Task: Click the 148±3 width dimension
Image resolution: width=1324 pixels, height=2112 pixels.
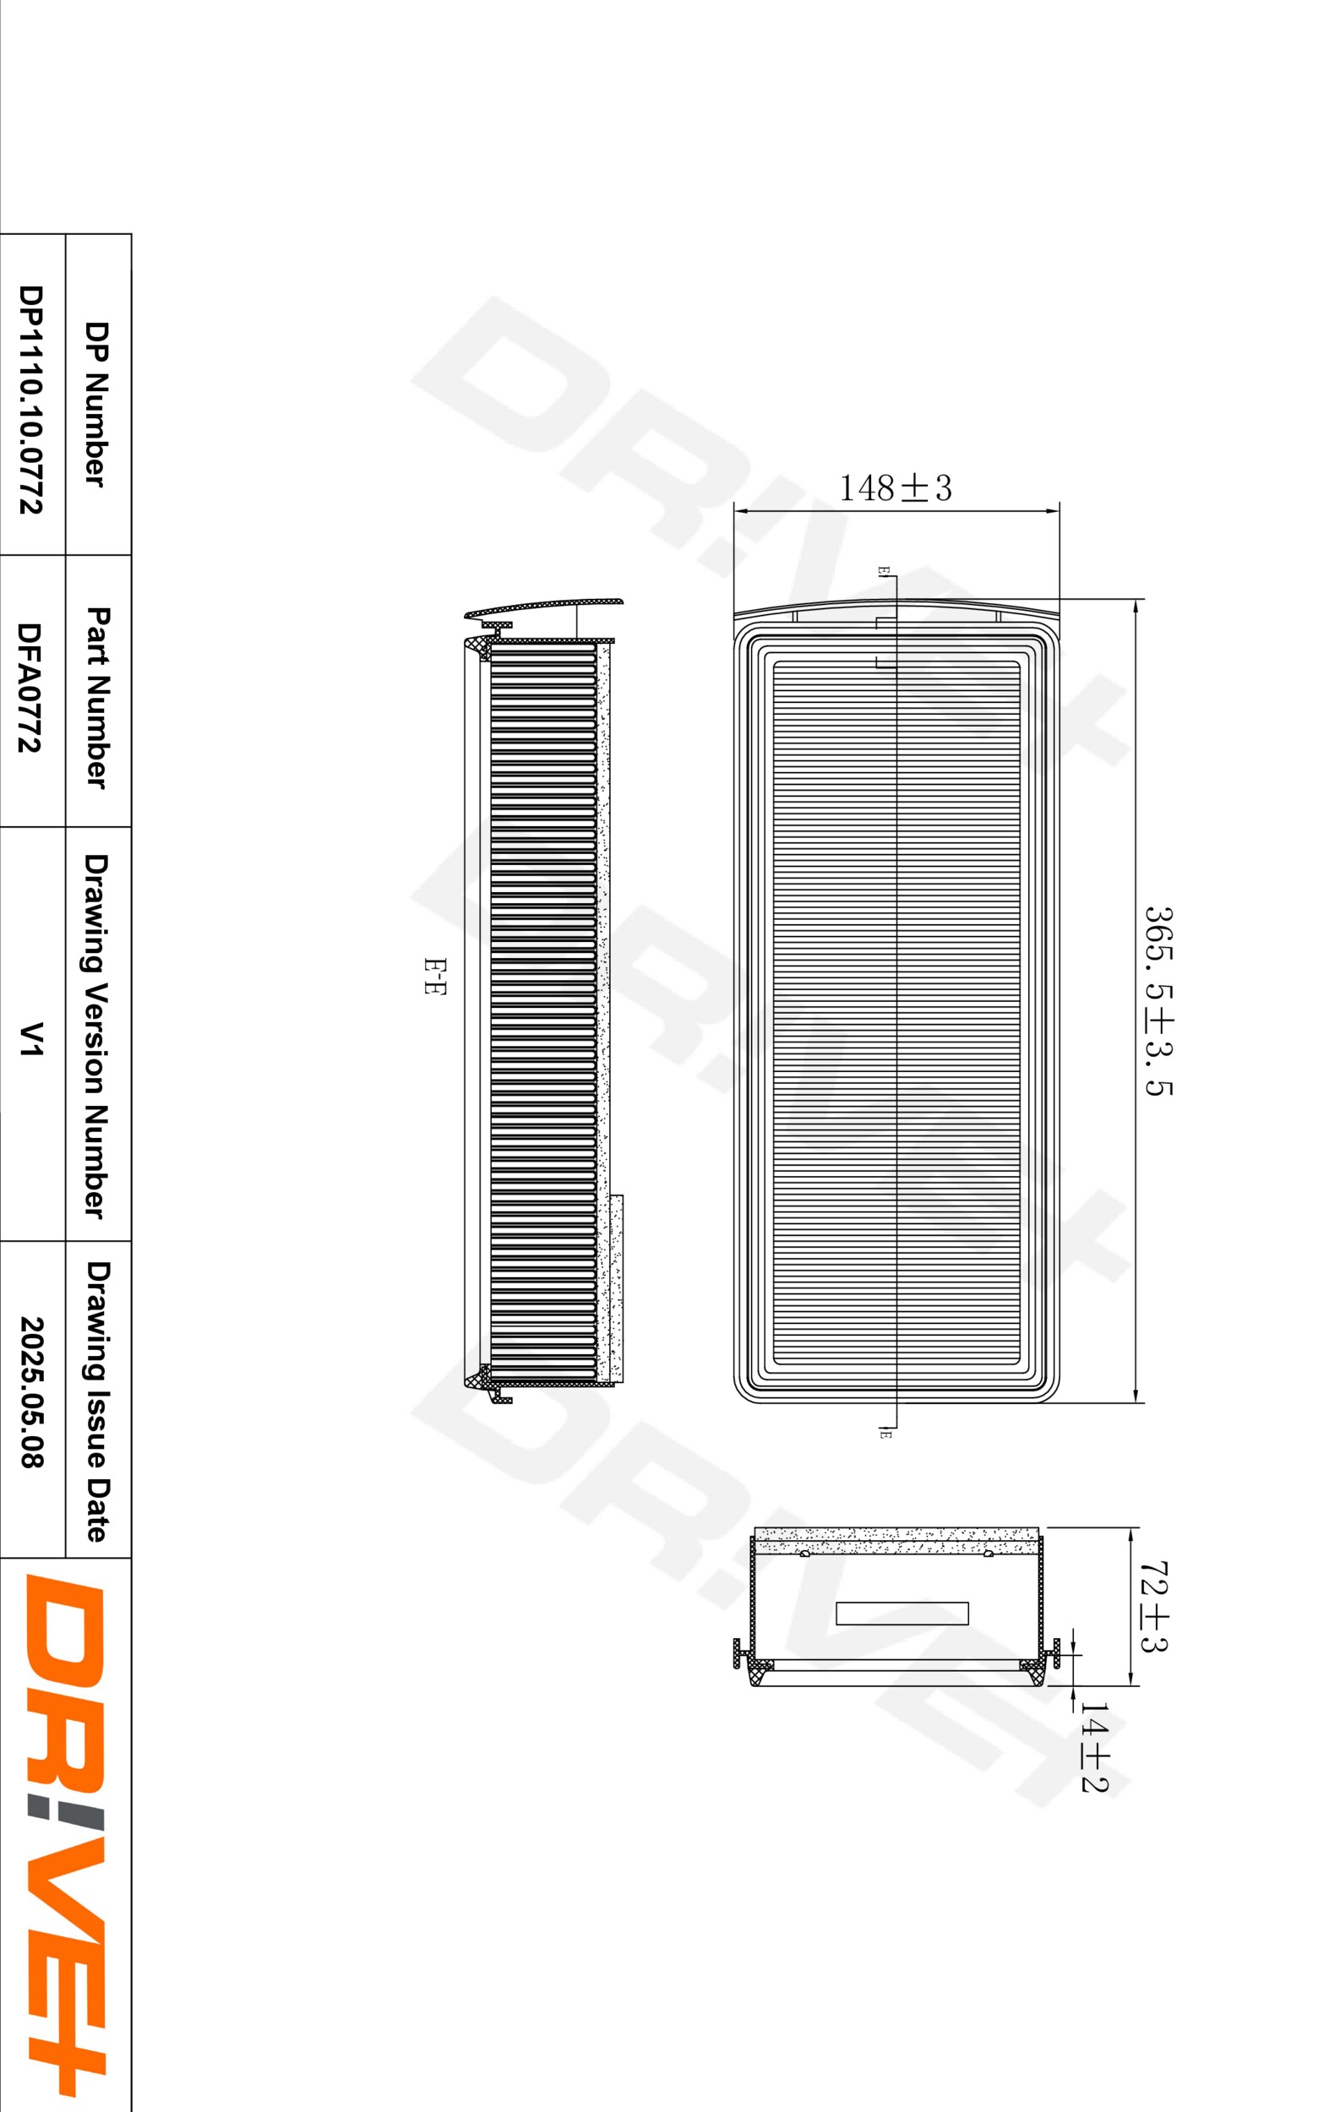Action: coord(895,487)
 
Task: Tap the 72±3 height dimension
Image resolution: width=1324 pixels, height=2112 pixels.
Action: coord(1154,1606)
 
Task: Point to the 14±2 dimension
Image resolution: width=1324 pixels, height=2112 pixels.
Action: coord(1093,1747)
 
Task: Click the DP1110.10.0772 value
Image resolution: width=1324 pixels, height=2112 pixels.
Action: coord(30,399)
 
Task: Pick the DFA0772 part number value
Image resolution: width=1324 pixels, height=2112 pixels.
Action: coord(30,687)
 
